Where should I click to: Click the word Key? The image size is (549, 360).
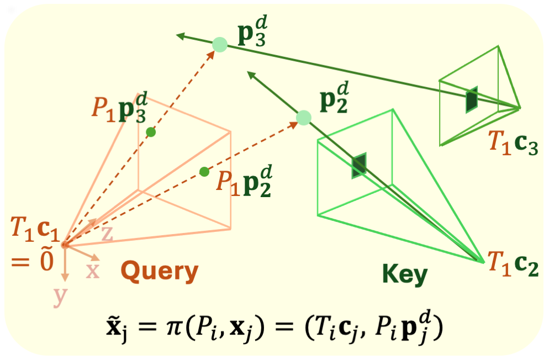pyautogui.click(x=404, y=273)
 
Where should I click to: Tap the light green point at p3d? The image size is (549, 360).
pyautogui.click(x=220, y=45)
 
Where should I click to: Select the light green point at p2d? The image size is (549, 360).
pyautogui.click(x=304, y=117)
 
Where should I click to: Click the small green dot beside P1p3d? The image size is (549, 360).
pyautogui.click(x=151, y=132)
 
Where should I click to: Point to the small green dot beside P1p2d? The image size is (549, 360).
pyautogui.click(x=204, y=171)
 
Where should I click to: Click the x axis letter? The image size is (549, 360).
pyautogui.click(x=92, y=271)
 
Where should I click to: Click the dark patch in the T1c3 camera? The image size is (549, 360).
pyautogui.click(x=471, y=100)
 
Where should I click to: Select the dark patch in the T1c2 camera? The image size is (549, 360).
pyautogui.click(x=359, y=165)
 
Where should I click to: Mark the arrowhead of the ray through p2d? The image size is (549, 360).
pyautogui.click(x=250, y=73)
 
